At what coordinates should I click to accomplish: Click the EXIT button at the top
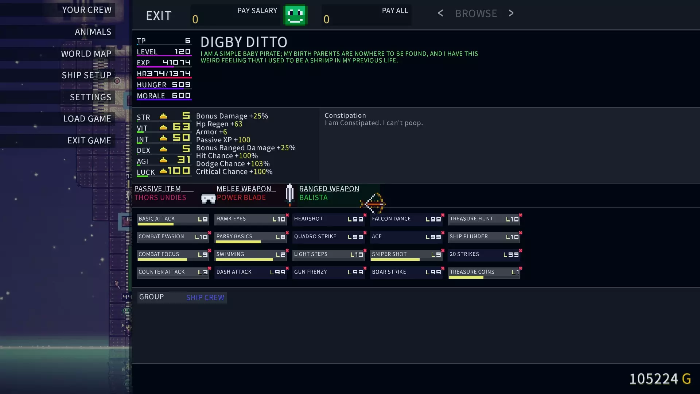[159, 15]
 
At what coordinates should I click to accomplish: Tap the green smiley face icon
[295, 15]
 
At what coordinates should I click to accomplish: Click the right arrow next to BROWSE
[511, 13]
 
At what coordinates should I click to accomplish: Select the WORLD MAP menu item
[86, 54]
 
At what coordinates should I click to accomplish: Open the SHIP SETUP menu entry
[86, 75]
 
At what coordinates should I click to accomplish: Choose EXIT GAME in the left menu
[89, 140]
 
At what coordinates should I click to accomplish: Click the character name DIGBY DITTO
[244, 42]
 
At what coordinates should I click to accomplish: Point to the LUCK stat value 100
[179, 171]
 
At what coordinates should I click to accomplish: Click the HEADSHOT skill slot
[328, 219]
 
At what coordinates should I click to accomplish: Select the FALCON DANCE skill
[406, 219]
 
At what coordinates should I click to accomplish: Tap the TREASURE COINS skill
[484, 272]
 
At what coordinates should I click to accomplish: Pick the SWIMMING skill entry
[250, 254]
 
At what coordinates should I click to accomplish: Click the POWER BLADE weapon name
[241, 197]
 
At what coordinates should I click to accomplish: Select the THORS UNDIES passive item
[160, 197]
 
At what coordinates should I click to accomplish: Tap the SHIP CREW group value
[205, 297]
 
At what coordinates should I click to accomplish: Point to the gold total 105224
[654, 379]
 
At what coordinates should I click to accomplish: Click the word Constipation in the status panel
[345, 115]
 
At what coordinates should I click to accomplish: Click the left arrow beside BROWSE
[440, 13]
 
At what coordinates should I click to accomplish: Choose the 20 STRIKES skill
[484, 254]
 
